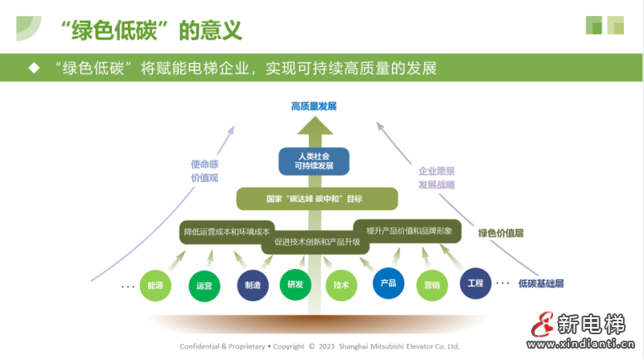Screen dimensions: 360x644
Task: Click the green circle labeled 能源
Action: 155,284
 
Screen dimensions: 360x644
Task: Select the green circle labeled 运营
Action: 204,285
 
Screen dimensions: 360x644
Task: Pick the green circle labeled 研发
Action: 294,284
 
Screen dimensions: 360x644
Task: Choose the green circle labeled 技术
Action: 341,284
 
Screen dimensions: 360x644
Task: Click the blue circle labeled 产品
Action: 387,283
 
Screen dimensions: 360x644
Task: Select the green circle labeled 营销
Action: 432,284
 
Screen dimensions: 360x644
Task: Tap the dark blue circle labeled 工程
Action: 476,283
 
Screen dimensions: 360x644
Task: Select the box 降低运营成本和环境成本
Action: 226,231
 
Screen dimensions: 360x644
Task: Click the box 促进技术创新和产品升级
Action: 317,241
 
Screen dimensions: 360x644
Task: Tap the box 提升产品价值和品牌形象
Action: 409,231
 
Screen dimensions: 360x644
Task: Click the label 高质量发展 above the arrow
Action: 314,106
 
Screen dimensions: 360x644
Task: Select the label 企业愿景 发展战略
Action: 436,177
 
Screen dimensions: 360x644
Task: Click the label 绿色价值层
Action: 501,233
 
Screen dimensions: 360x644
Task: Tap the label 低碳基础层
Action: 541,283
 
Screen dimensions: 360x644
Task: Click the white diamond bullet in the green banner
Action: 34,68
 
